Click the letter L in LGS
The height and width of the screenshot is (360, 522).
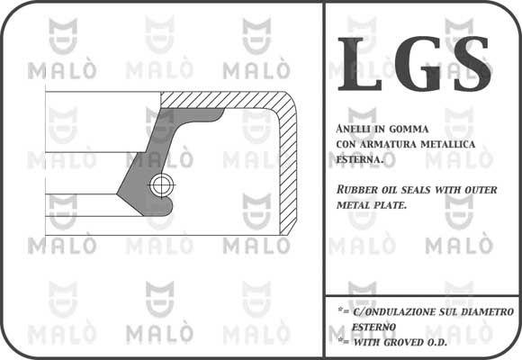(x=359, y=64)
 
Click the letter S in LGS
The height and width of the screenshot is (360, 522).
(x=472, y=63)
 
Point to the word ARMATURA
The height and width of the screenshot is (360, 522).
(x=388, y=145)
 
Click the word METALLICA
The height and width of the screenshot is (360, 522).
(x=448, y=145)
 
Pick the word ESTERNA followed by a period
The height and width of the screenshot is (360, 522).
(x=359, y=160)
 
